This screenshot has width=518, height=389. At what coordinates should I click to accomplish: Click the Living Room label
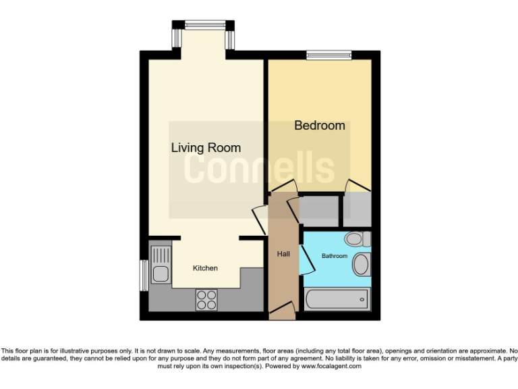pos(206,148)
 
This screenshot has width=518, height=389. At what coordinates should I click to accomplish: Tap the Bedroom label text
pos(320,126)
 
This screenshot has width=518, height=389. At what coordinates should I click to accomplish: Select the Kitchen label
pos(205,268)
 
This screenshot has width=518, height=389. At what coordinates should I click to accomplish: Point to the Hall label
pos(283,254)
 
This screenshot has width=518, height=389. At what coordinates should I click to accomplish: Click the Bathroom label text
pos(334,256)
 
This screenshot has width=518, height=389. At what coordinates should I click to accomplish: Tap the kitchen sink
pos(161,265)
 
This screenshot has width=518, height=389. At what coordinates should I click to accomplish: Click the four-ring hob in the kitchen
pos(206,299)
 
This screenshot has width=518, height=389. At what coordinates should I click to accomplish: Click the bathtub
pos(337,298)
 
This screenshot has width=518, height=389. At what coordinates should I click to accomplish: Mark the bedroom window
pos(329,55)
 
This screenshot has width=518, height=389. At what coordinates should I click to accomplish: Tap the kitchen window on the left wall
pos(144,275)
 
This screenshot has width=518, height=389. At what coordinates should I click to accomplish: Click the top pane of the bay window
pos(204,26)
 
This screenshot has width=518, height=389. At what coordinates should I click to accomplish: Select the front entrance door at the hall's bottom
pos(282,311)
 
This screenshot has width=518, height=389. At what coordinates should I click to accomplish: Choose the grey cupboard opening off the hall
pos(318,211)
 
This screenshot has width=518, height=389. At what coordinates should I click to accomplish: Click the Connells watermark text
pos(259,169)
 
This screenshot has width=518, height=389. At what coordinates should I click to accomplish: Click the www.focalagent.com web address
pos(331,367)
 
